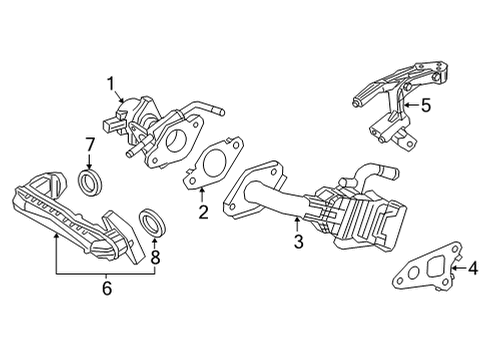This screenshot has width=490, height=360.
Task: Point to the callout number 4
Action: point(474,267)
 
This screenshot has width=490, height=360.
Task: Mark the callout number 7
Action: point(90,146)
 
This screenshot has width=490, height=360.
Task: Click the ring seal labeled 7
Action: point(91,181)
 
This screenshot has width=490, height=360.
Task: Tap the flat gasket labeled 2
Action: point(213,165)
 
